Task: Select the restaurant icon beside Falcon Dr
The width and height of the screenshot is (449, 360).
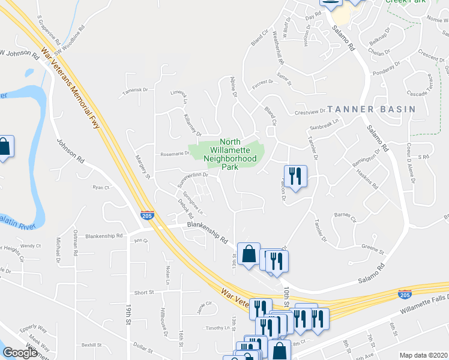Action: point(295,176)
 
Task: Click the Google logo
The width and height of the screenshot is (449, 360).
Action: point(20,353)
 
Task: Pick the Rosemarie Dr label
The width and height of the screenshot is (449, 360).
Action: point(175,154)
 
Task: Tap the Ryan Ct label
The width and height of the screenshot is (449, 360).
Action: point(101,188)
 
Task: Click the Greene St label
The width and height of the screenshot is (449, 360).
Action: point(372,247)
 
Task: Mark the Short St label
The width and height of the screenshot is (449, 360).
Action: point(144,293)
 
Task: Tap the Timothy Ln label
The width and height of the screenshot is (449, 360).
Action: point(214,328)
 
